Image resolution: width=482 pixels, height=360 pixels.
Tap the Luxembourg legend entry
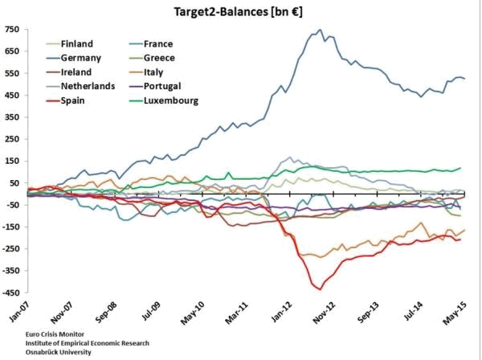click(170, 100)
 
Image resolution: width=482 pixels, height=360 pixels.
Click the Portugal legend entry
click(165, 86)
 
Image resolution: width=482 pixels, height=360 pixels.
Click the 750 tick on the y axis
click(12, 30)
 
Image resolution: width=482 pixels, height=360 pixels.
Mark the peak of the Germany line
click(321, 31)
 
